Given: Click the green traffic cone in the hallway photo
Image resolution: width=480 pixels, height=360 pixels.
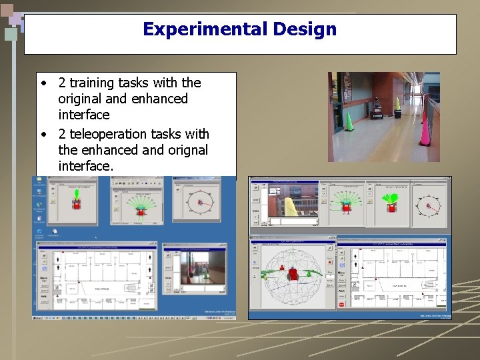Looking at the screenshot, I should point(350,123).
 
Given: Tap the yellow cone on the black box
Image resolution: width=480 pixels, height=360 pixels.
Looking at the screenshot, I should point(398,103).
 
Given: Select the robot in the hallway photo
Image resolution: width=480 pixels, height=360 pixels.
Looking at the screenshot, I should point(377,107).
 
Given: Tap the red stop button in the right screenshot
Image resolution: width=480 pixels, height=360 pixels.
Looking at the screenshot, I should point(341,304).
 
